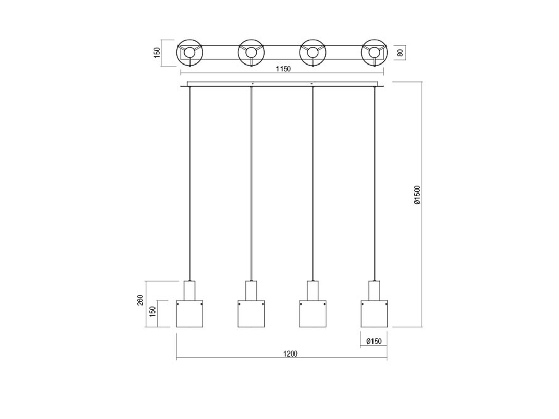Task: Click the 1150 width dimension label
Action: point(284,69)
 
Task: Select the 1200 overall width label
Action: point(290,354)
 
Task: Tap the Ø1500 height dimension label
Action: point(417,195)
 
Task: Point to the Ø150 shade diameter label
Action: point(374,341)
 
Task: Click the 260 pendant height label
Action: point(140,300)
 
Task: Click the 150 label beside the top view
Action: point(157,53)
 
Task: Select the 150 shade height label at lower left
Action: point(152,311)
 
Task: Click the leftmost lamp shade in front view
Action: point(190,313)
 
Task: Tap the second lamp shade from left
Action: point(252,313)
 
